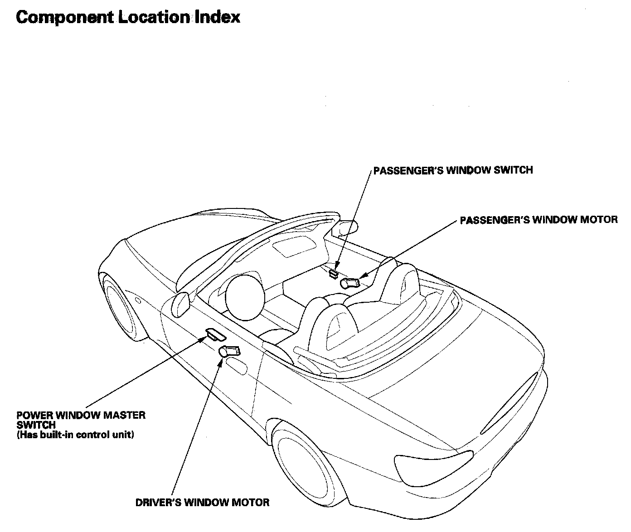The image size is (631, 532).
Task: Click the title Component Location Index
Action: pyautogui.click(x=128, y=18)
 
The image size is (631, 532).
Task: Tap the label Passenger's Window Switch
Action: pyautogui.click(x=453, y=170)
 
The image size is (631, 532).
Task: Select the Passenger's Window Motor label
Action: pyautogui.click(x=539, y=220)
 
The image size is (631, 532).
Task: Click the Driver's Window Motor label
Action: pyautogui.click(x=202, y=503)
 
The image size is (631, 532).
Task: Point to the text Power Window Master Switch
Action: pyautogui.click(x=81, y=420)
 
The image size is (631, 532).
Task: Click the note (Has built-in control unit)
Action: pyautogui.click(x=75, y=435)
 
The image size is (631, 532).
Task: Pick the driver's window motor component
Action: pyautogui.click(x=229, y=351)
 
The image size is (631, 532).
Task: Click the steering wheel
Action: pyautogui.click(x=245, y=298)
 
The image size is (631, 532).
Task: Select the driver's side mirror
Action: pyautogui.click(x=180, y=305)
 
